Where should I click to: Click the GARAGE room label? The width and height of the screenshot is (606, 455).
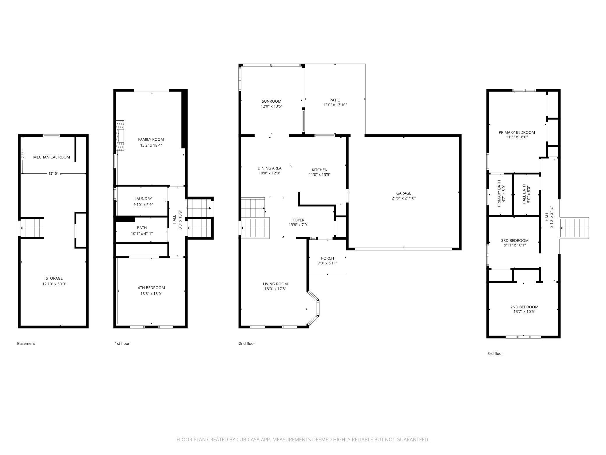(x=404, y=193)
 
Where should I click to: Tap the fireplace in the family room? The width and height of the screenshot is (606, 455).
(x=120, y=136)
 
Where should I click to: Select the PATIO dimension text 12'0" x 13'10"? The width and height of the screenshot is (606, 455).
(x=335, y=105)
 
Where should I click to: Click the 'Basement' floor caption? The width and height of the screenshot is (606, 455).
(x=26, y=343)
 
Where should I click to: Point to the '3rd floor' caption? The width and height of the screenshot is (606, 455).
(x=495, y=353)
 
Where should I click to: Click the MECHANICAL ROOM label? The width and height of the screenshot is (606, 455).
(x=52, y=157)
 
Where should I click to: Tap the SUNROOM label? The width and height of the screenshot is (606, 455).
(x=271, y=101)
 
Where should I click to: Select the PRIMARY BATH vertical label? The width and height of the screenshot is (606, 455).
(x=499, y=194)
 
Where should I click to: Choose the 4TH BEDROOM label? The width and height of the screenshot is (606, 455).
(x=151, y=288)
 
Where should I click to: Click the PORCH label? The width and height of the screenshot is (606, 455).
(x=327, y=258)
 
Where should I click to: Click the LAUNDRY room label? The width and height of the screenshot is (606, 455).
(x=143, y=199)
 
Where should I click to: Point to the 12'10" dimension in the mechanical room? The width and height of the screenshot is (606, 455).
(x=53, y=174)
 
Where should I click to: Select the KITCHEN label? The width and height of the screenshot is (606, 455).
(x=320, y=170)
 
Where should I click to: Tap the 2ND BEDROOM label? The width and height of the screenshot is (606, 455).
(x=524, y=307)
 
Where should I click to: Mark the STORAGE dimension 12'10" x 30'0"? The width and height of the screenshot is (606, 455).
(x=54, y=284)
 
